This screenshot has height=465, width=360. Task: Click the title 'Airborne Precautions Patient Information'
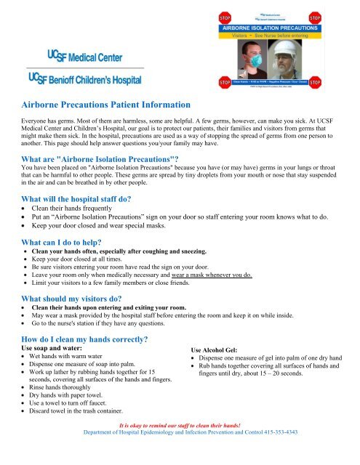pos(107,106)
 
